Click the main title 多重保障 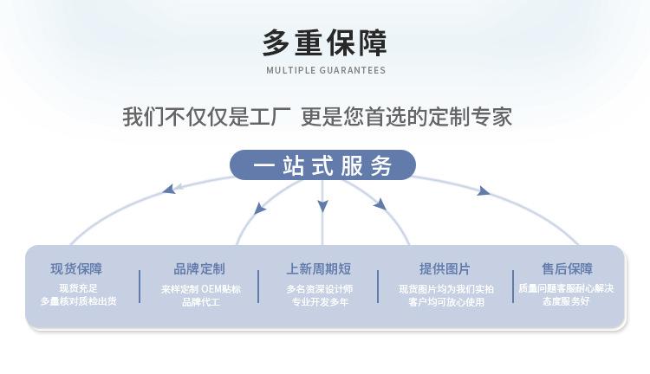point(325,42)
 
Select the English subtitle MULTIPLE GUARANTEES point(326,70)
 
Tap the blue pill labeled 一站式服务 point(322,164)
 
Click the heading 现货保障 point(76,268)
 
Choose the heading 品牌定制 point(199,268)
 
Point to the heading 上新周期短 point(319,268)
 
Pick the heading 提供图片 point(445,268)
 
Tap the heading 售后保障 point(567,268)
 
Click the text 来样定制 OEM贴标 point(201,289)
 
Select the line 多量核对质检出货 point(78,301)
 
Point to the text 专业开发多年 point(320,302)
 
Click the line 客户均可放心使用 point(446,302)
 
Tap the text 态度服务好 point(566,301)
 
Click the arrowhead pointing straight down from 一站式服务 point(322,206)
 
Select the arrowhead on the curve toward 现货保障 point(169,190)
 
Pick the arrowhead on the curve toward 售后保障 point(483,191)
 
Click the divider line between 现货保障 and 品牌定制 point(140,287)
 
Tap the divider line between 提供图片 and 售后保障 point(513,287)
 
